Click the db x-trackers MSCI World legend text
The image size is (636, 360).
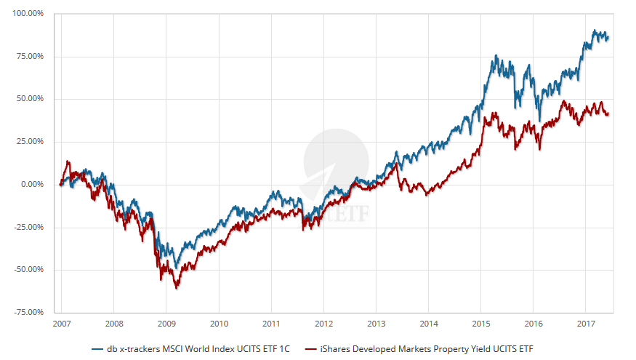click(198, 348)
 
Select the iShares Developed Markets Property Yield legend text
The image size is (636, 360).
click(431, 348)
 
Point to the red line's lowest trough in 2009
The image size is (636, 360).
click(177, 288)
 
